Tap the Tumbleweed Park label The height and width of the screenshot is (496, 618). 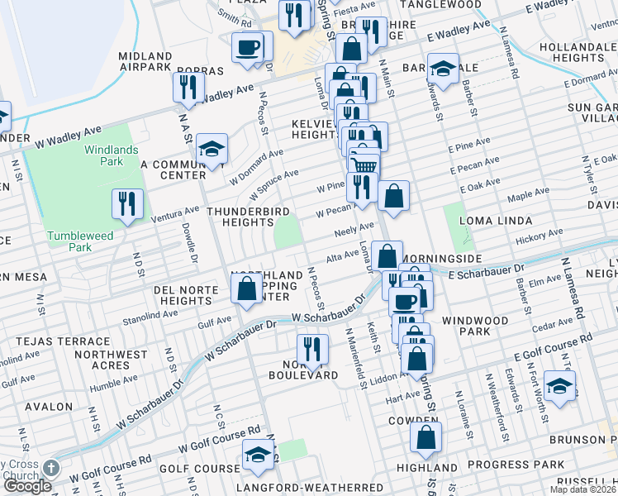coord(80,241)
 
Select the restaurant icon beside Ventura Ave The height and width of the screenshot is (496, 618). coord(127,204)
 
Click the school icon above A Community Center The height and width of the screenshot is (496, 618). coord(212,149)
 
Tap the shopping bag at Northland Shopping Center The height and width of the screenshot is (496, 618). coord(246,289)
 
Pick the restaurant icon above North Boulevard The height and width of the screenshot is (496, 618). coord(309,346)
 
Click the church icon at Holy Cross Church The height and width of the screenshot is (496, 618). coord(51,468)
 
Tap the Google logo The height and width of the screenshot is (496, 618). coord(27,486)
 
